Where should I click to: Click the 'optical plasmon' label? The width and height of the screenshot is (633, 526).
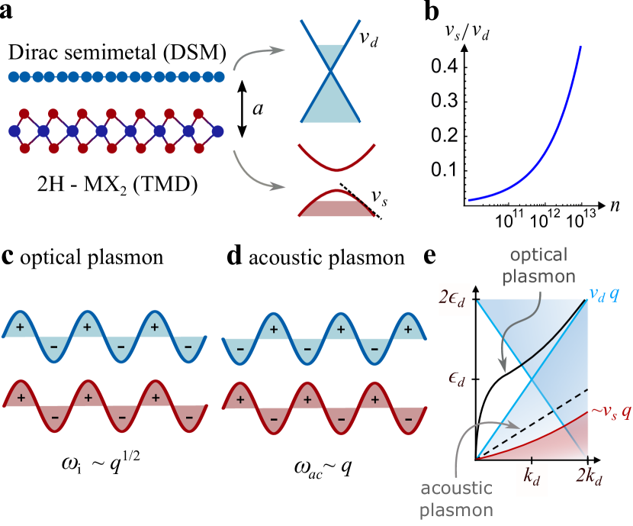click(538, 265)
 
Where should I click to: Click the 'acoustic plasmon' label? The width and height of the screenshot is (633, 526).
click(457, 498)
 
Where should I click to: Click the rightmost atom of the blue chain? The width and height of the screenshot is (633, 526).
click(220, 76)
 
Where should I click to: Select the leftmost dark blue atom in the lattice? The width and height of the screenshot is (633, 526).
click(14, 131)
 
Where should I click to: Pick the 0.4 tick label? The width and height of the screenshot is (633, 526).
click(445, 67)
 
